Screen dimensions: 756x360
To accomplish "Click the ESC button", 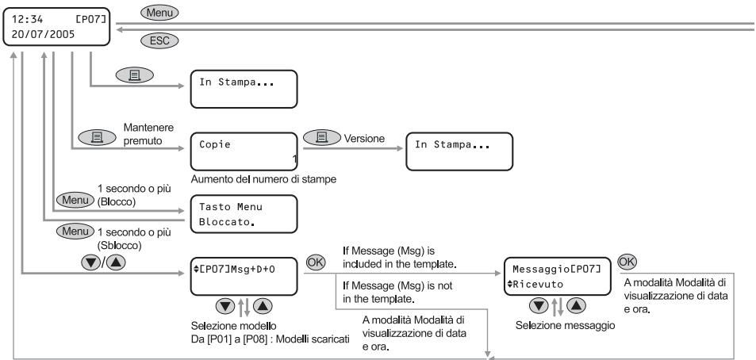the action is [x=159, y=40].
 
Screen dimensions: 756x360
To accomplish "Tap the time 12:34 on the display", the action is [x=28, y=19].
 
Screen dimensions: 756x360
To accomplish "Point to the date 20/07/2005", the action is [x=43, y=35].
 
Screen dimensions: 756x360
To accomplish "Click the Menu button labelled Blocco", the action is [x=75, y=200].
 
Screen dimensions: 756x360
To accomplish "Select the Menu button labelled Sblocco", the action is [x=75, y=232].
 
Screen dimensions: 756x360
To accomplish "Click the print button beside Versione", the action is [x=322, y=138].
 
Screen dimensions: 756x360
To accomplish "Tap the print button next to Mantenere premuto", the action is [x=97, y=138].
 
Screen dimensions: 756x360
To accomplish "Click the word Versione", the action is [x=364, y=139].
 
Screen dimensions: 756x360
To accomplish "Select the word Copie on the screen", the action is [x=215, y=144].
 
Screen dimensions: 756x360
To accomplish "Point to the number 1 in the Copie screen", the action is [x=294, y=159].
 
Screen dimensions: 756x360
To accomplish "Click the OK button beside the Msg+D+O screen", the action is [x=316, y=262].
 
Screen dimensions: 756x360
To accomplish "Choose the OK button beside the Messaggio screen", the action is [x=627, y=262].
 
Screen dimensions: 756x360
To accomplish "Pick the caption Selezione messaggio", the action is [x=565, y=326].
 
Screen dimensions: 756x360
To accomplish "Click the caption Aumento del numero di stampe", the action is [x=263, y=179].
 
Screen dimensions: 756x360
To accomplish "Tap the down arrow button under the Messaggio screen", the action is [x=539, y=305].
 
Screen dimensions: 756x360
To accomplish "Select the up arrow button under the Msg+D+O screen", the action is [x=263, y=306].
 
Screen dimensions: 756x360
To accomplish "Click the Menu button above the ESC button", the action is [x=159, y=13].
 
